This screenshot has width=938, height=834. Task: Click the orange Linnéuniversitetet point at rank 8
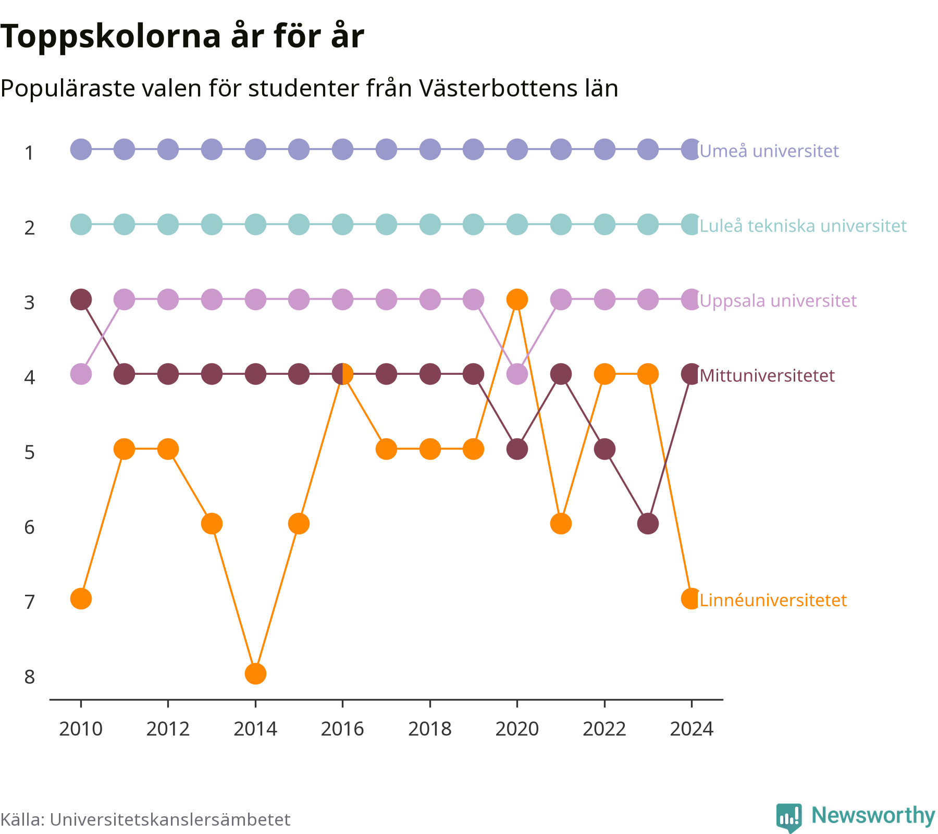pos(255,673)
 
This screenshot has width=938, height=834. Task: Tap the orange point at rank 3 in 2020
pos(517,299)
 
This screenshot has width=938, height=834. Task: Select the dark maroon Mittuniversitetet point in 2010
pos(81,299)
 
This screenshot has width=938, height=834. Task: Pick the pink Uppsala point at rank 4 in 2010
pos(81,374)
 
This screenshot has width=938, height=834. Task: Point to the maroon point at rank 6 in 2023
pos(648,524)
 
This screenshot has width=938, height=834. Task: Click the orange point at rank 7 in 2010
pos(81,598)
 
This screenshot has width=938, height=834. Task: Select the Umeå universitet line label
pos(769,151)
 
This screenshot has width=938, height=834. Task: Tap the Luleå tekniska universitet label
pos(803,226)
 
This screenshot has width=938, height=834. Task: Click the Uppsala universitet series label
pos(778,301)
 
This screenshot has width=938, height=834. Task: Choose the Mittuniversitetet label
pos(767,376)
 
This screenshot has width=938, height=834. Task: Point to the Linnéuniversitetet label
pos(773,600)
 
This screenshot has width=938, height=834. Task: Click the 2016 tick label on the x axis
pos(342,729)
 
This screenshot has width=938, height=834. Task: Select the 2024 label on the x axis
pos(692,729)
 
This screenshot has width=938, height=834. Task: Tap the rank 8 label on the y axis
pos(30,677)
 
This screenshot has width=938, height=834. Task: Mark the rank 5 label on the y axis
pos(30,452)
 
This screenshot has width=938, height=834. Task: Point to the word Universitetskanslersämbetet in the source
pos(170,819)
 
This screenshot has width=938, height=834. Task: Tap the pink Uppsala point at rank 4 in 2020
pos(517,374)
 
